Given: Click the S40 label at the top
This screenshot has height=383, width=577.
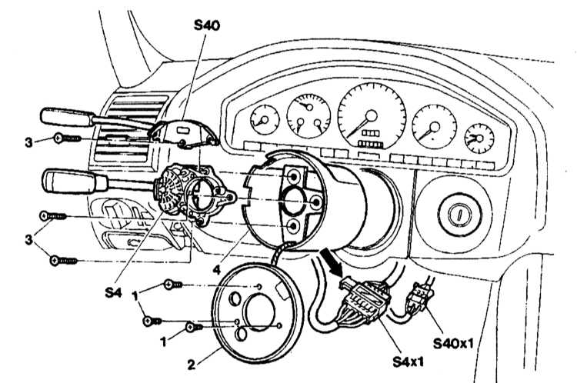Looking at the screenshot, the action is (207, 25).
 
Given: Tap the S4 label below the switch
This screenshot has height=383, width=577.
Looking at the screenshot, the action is (113, 292).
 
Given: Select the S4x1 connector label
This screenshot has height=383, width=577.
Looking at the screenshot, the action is (408, 361).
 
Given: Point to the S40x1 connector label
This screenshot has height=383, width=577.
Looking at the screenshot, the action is (453, 343).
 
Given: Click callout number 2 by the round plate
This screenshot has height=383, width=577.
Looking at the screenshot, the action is (192, 365).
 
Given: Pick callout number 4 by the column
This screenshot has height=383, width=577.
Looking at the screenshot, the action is (217, 270).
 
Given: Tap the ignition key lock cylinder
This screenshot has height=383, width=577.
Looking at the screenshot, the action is (459, 214).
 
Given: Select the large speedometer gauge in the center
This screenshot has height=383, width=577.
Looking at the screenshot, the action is (372, 115).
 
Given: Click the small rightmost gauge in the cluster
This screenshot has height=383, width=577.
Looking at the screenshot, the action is (479, 138).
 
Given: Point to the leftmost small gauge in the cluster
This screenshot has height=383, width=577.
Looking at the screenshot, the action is (265, 119).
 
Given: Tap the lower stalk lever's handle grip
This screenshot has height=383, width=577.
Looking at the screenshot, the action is (75, 181).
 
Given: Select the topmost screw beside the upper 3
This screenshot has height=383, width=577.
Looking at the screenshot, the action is (68, 138).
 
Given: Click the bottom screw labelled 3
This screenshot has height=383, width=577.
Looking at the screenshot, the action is (63, 261).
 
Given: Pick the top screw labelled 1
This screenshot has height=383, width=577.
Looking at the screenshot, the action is (172, 285).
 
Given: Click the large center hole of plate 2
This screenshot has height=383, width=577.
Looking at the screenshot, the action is (260, 312).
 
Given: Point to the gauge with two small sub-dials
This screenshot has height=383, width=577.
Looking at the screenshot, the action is (309, 115).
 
